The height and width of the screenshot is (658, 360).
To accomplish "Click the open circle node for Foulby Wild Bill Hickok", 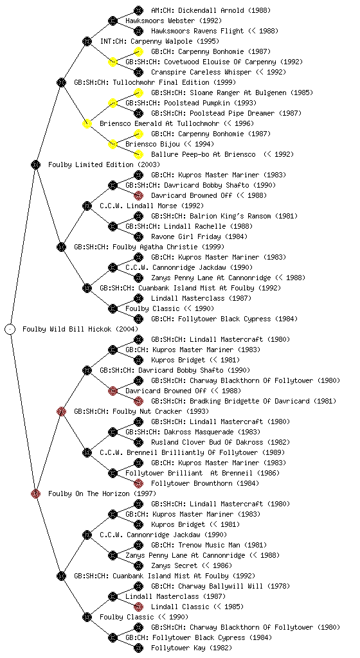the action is [x=10, y=329].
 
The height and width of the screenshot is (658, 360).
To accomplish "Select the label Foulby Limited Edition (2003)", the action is [x=104, y=164].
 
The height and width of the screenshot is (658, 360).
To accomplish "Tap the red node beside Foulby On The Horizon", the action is [x=35, y=493].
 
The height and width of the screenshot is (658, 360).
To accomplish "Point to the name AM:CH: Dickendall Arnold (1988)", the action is [x=211, y=10].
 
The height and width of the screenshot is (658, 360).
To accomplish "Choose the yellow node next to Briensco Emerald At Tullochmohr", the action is [x=87, y=123].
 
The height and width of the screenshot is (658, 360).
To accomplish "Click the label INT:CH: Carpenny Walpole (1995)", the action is [x=159, y=41].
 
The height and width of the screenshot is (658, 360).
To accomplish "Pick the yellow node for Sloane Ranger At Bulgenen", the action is [x=138, y=93].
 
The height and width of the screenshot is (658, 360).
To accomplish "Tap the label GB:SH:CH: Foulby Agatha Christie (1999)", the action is [x=149, y=247].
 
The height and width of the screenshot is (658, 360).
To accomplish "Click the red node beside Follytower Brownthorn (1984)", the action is [x=138, y=483].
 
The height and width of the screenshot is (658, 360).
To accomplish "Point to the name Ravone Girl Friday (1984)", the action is [x=199, y=236].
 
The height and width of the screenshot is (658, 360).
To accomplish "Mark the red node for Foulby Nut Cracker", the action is [x=61, y=411].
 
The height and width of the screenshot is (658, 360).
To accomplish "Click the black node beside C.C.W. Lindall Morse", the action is [x=87, y=206].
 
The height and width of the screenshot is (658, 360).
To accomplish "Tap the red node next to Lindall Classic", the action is [x=138, y=607].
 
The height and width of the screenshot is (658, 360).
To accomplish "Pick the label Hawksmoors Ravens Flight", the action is [x=197, y=31].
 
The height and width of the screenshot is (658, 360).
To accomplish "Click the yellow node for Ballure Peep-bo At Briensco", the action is [x=138, y=154].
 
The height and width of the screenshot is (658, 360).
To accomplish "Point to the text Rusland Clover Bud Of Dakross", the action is [x=207, y=442].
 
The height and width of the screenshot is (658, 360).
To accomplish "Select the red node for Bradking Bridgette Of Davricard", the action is [x=138, y=401].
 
